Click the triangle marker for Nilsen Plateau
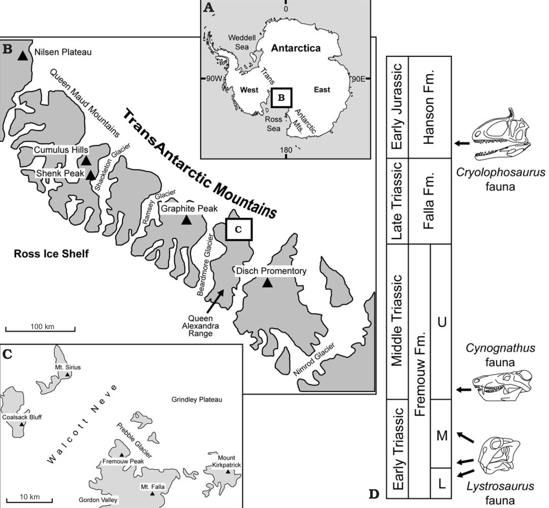(23, 55)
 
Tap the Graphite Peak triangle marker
(186, 220)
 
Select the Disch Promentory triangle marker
(267, 283)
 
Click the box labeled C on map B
(238, 229)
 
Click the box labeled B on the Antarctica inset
(281, 98)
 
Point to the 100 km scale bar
(40, 328)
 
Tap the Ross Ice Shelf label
(51, 254)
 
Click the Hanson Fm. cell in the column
(429, 107)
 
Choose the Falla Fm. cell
(429, 201)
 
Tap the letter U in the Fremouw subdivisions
(442, 322)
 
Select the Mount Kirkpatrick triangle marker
(228, 472)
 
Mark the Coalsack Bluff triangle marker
(22, 424)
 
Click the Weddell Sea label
(242, 42)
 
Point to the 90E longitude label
(358, 79)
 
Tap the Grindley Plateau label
(197, 400)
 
